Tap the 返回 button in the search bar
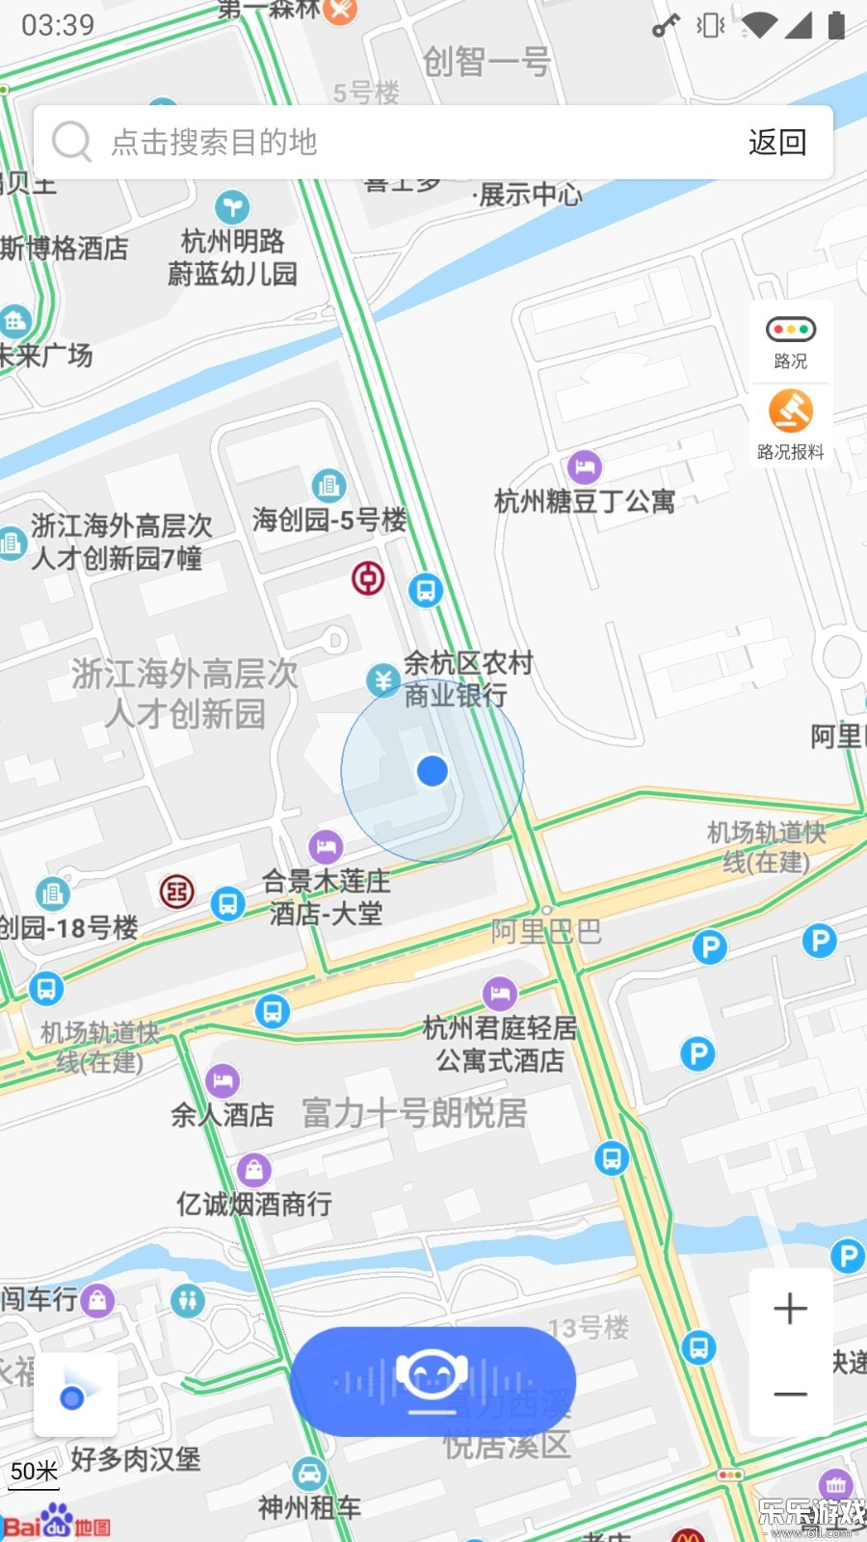click(x=777, y=143)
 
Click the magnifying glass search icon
click(x=72, y=142)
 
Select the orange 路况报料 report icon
click(x=791, y=412)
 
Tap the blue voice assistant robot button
click(x=433, y=1381)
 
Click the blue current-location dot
click(x=433, y=770)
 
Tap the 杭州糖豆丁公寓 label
click(x=585, y=501)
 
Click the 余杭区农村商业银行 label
click(x=467, y=678)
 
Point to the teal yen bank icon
click(x=383, y=680)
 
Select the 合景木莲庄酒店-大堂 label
click(x=327, y=896)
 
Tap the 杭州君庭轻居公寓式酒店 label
click(x=500, y=1044)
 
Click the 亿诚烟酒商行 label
click(x=254, y=1204)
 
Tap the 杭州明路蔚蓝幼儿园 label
click(x=232, y=257)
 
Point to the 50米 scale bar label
click(x=35, y=1471)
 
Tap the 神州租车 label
click(x=309, y=1507)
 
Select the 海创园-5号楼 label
click(x=329, y=520)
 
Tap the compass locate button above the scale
click(x=75, y=1396)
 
